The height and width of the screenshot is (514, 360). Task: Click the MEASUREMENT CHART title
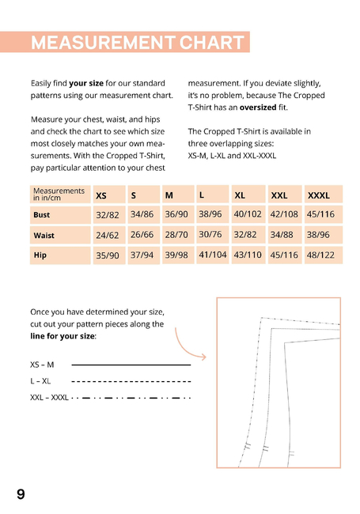tap(138, 42)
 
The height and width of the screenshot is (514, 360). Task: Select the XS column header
tap(101, 195)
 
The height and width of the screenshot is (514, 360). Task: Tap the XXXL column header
tap(318, 195)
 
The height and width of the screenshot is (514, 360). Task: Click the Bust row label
tap(42, 215)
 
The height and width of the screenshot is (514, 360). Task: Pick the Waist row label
tap(44, 236)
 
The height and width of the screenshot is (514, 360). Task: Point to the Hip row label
tap(40, 255)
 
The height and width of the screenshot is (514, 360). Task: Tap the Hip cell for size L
tap(213, 255)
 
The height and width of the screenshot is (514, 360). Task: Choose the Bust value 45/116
tap(320, 214)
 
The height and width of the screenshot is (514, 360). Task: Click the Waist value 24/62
tap(108, 236)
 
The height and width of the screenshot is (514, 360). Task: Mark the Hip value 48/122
tap(320, 255)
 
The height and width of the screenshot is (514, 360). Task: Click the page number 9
tap(21, 494)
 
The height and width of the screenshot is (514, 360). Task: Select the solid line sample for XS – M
tap(131, 365)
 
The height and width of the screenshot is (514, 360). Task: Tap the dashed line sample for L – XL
tap(131, 381)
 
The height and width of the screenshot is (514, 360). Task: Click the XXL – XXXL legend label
tap(49, 398)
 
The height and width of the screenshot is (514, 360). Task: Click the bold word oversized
tap(258, 108)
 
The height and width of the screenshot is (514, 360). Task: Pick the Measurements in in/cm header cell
tap(60, 195)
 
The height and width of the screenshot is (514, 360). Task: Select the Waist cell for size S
tap(142, 235)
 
